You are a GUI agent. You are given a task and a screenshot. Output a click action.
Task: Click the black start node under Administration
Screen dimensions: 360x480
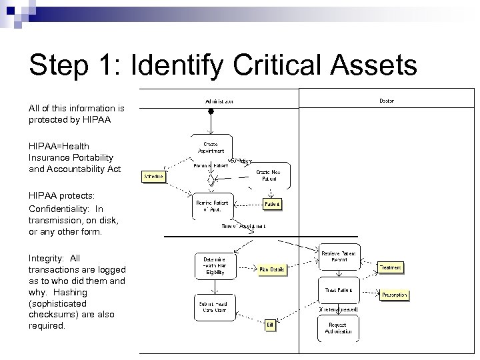click(211, 112)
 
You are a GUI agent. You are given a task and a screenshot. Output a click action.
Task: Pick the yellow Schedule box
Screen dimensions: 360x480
click(153, 177)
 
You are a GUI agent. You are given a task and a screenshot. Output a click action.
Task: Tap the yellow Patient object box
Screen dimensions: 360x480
click(271, 204)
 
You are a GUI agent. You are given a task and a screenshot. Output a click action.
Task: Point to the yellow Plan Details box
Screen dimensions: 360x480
click(272, 269)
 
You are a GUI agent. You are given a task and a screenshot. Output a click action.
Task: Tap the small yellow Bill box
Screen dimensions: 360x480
click(271, 325)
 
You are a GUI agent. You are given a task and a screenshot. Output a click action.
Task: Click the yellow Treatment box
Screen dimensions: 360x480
click(391, 267)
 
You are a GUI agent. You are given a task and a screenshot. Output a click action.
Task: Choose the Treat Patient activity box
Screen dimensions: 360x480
click(338, 291)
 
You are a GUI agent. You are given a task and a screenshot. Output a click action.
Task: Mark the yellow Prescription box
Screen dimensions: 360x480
click(394, 295)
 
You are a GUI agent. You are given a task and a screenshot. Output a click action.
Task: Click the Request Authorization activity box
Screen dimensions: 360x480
click(338, 328)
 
